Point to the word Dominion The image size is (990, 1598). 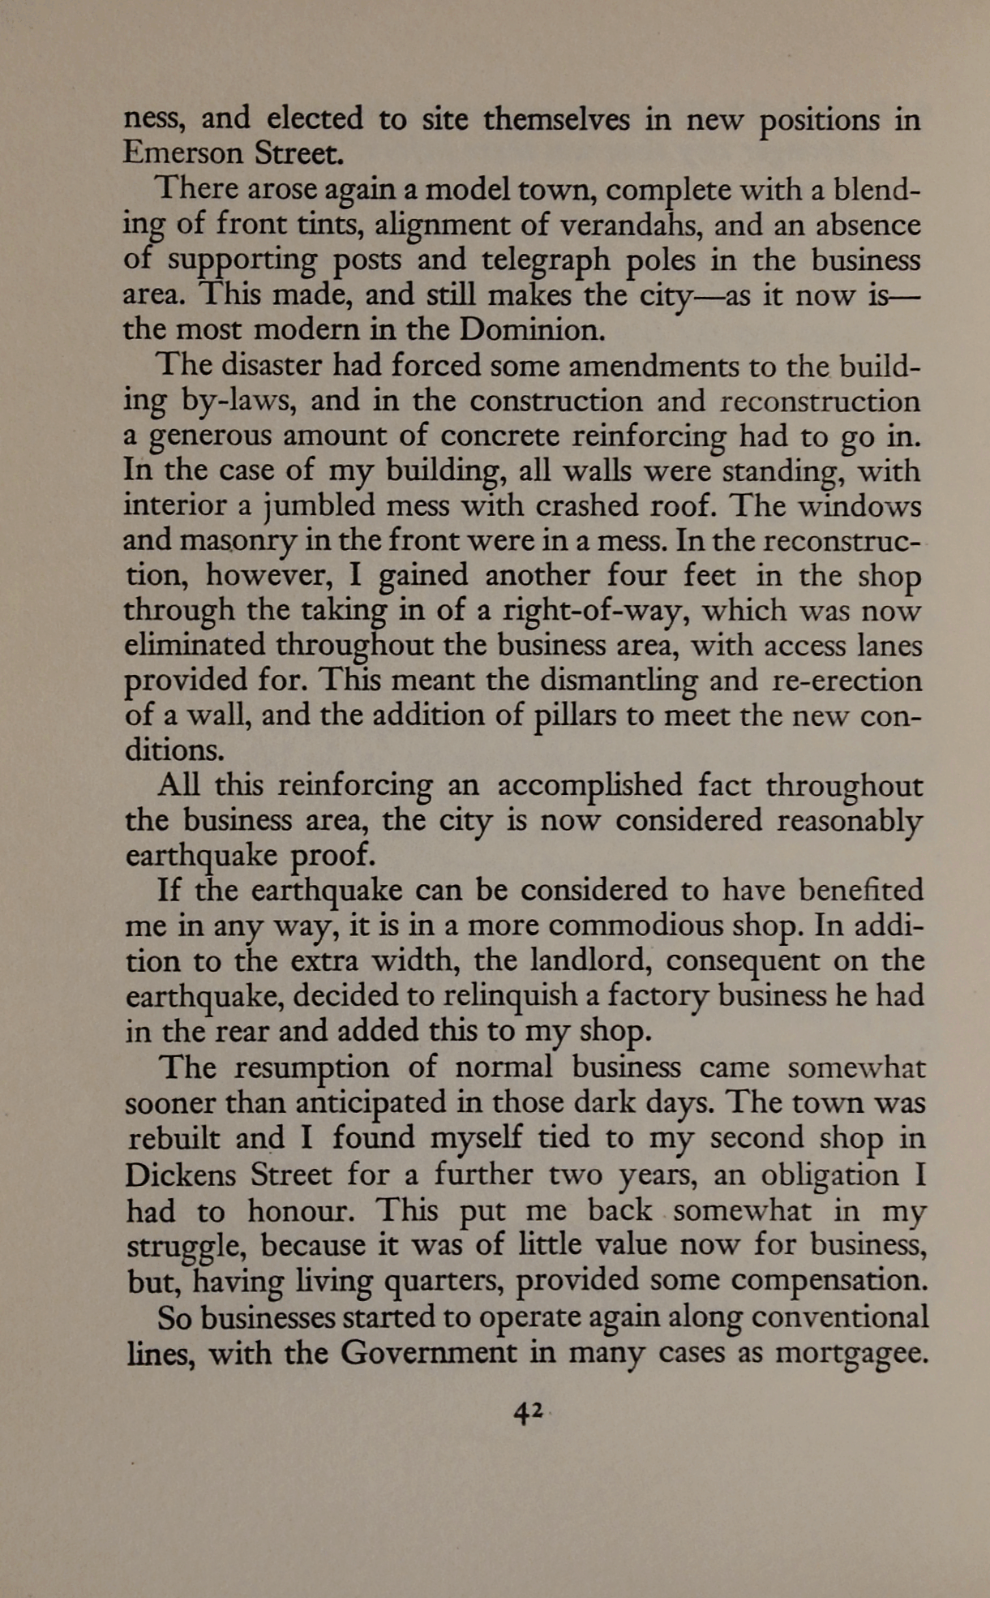531,329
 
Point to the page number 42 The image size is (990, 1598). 528,1413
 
